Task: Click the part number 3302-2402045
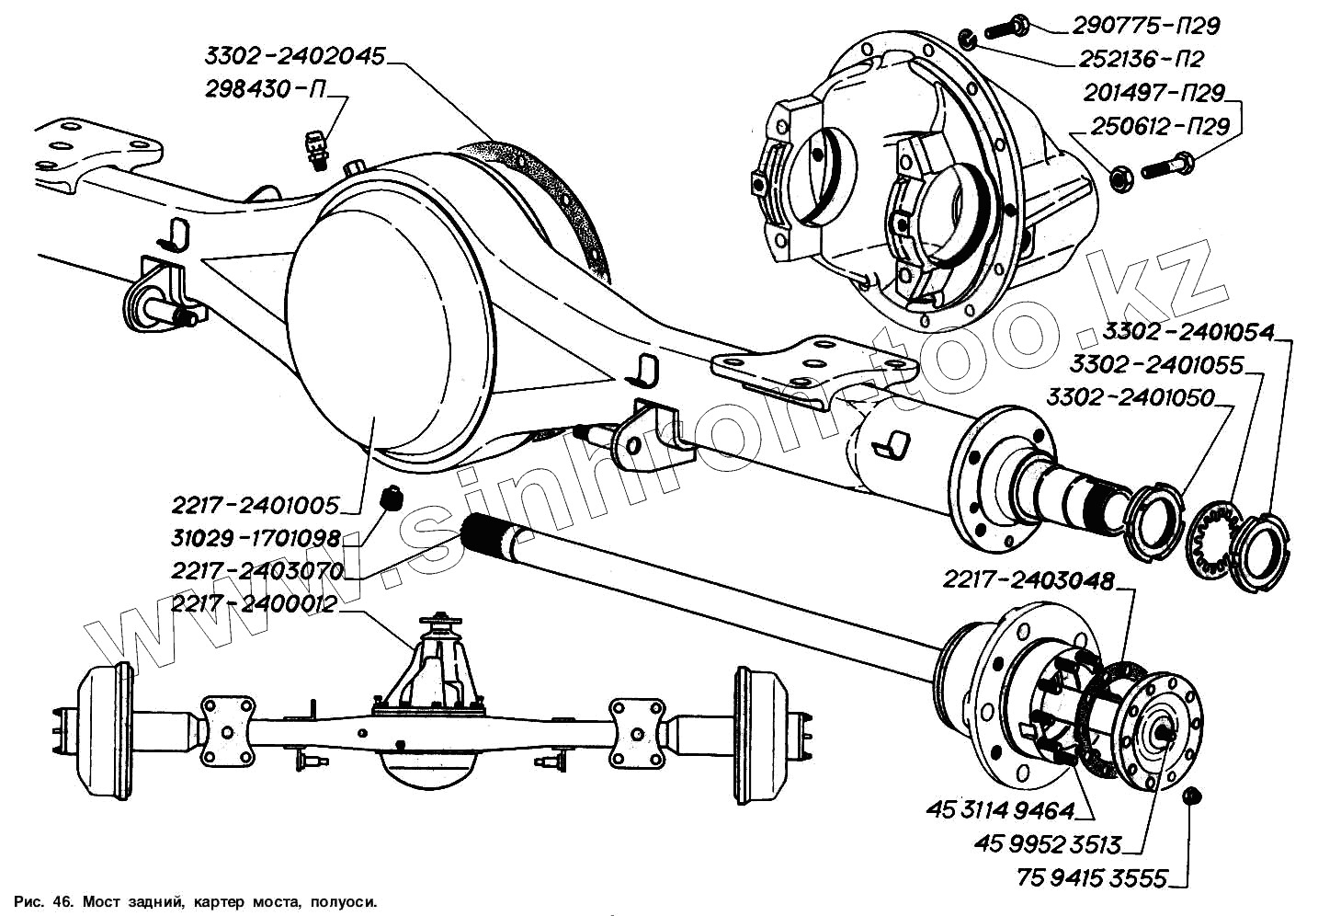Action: (x=294, y=57)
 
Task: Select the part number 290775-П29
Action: (x=1146, y=25)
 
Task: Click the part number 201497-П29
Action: (x=1153, y=93)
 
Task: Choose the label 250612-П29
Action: (x=1160, y=126)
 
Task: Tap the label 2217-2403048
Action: (x=1028, y=580)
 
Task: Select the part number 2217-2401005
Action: (x=255, y=505)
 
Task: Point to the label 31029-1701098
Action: (x=256, y=537)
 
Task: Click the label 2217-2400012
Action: (x=255, y=604)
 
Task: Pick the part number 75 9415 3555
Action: (x=1092, y=878)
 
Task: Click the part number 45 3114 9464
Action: (x=1000, y=810)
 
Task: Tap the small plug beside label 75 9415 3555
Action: (x=1193, y=796)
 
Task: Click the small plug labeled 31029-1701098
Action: (x=392, y=498)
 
